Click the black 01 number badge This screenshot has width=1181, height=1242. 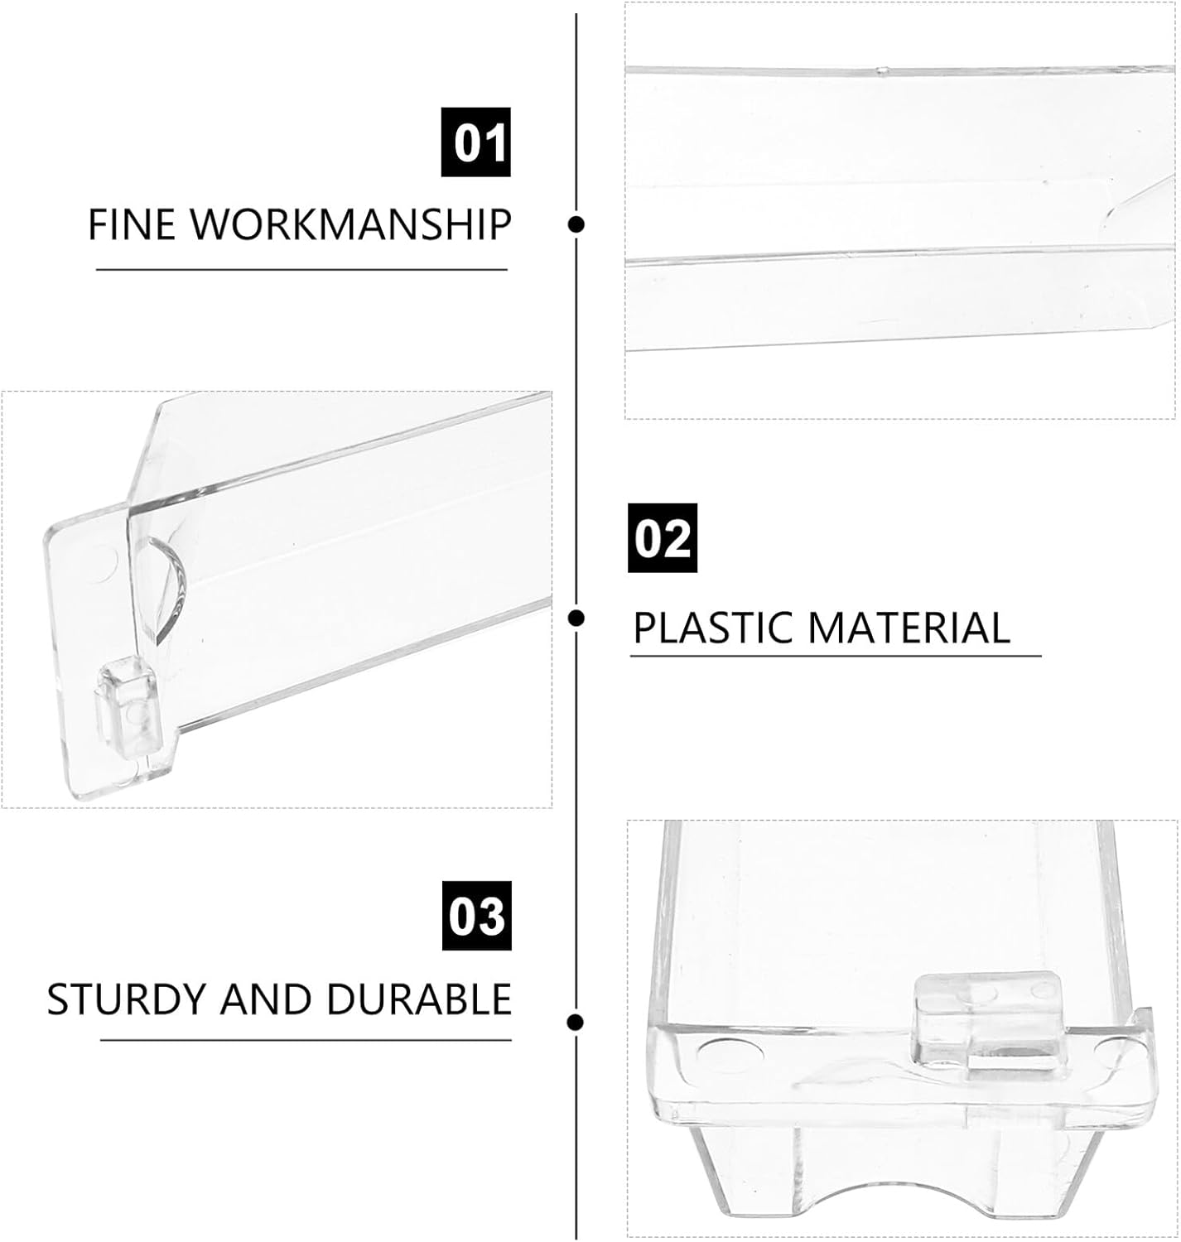click(476, 142)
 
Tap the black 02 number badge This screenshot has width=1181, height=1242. click(663, 538)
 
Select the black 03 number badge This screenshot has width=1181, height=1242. click(476, 916)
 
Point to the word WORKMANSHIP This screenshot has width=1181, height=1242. click(351, 224)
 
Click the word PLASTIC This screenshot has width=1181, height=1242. click(713, 628)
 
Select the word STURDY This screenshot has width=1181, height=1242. click(127, 999)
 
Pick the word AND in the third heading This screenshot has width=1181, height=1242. click(266, 999)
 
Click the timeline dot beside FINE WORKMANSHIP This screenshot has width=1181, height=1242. click(576, 224)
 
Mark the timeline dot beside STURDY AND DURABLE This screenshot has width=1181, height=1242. click(576, 1022)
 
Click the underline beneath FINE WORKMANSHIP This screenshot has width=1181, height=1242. click(302, 270)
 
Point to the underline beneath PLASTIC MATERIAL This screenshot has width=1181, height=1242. click(836, 657)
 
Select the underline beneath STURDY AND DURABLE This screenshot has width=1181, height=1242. click(306, 1041)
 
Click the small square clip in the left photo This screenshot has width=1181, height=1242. click(126, 709)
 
